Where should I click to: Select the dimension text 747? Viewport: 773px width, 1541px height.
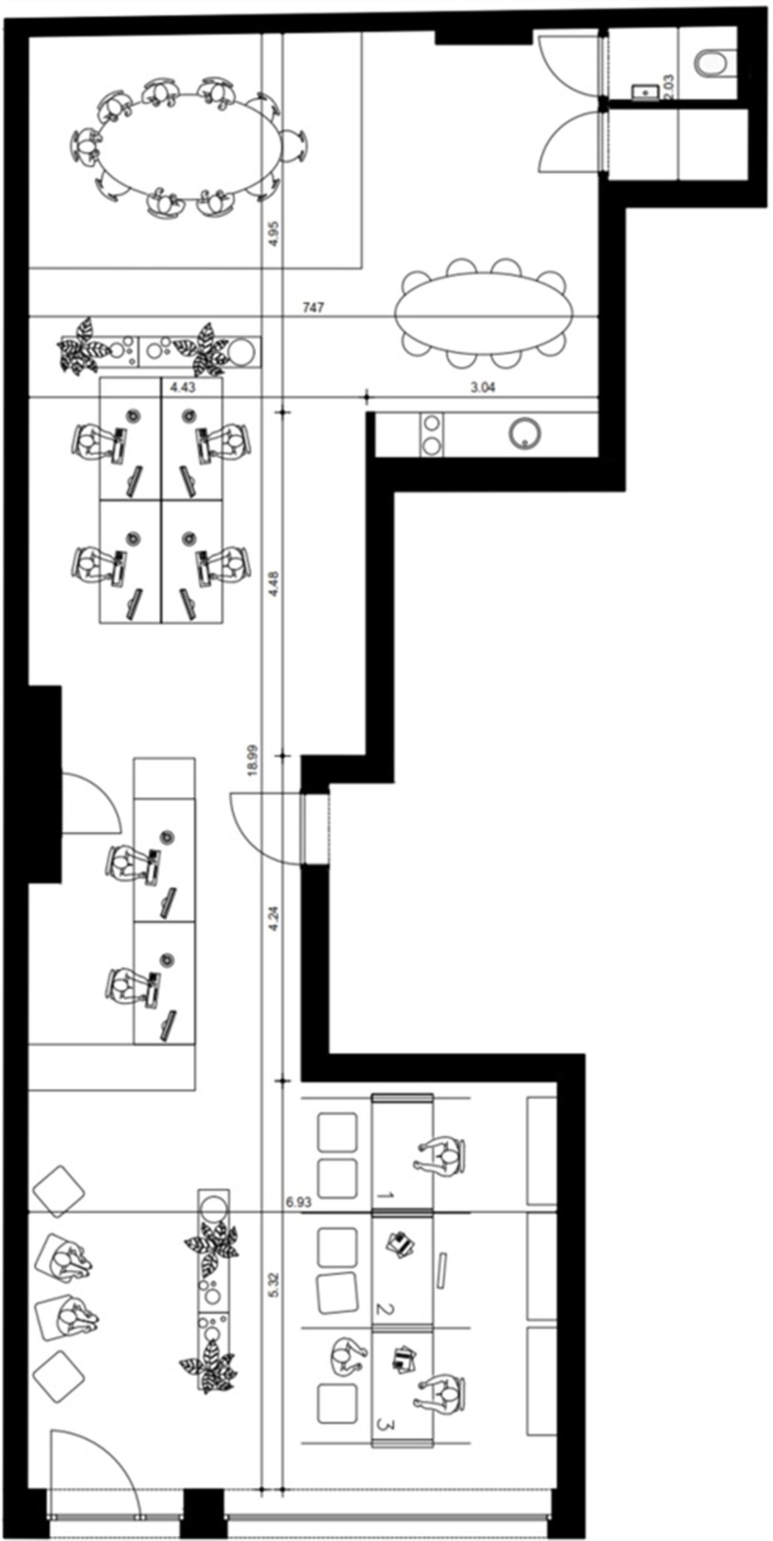tap(313, 308)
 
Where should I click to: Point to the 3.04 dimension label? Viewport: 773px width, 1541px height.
tap(483, 387)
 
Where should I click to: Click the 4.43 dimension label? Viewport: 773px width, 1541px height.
tap(183, 387)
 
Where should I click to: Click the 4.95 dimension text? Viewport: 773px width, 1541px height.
tap(274, 234)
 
